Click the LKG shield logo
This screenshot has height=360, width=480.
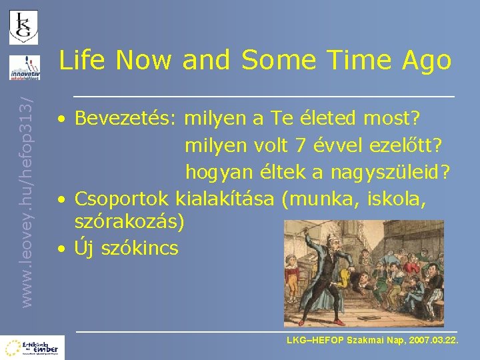click(x=23, y=27)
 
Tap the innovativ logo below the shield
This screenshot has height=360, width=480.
click(x=24, y=67)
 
